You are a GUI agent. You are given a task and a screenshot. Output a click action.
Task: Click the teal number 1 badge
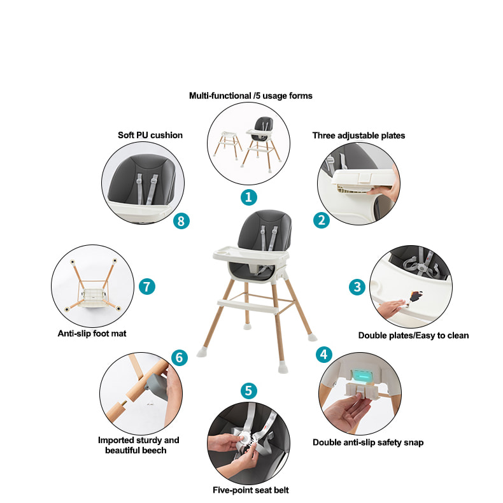coord(248,197)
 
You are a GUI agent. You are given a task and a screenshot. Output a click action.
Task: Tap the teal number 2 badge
coord(322,220)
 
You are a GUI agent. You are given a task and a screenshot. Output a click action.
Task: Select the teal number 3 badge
coord(357,287)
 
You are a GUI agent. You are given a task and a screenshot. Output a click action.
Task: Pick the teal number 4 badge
coord(324,355)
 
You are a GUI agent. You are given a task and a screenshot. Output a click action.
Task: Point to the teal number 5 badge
coord(248,391)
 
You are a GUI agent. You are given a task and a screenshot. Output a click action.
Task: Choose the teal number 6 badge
coord(180,357)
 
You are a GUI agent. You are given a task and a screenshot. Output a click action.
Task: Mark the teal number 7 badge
coord(147,287)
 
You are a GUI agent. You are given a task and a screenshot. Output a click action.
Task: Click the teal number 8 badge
coord(181,221)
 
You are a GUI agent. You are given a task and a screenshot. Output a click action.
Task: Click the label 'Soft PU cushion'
coord(150,135)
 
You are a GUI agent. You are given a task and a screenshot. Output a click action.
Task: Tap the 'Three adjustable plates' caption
coord(358,136)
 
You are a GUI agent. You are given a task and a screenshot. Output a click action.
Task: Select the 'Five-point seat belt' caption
coord(250,490)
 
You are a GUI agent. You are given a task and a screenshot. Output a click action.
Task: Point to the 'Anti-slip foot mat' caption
coord(92,334)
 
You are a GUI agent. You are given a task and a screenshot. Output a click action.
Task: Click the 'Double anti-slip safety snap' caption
coord(368,443)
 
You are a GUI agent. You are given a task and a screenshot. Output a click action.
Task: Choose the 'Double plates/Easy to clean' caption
coord(413,335)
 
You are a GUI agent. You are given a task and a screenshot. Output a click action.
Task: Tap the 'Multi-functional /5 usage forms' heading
coord(250,96)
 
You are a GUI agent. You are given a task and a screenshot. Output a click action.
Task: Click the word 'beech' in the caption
coord(154,450)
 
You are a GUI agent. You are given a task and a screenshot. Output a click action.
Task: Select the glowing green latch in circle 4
coord(362,376)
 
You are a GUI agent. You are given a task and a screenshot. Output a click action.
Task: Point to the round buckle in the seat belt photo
coord(244,437)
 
